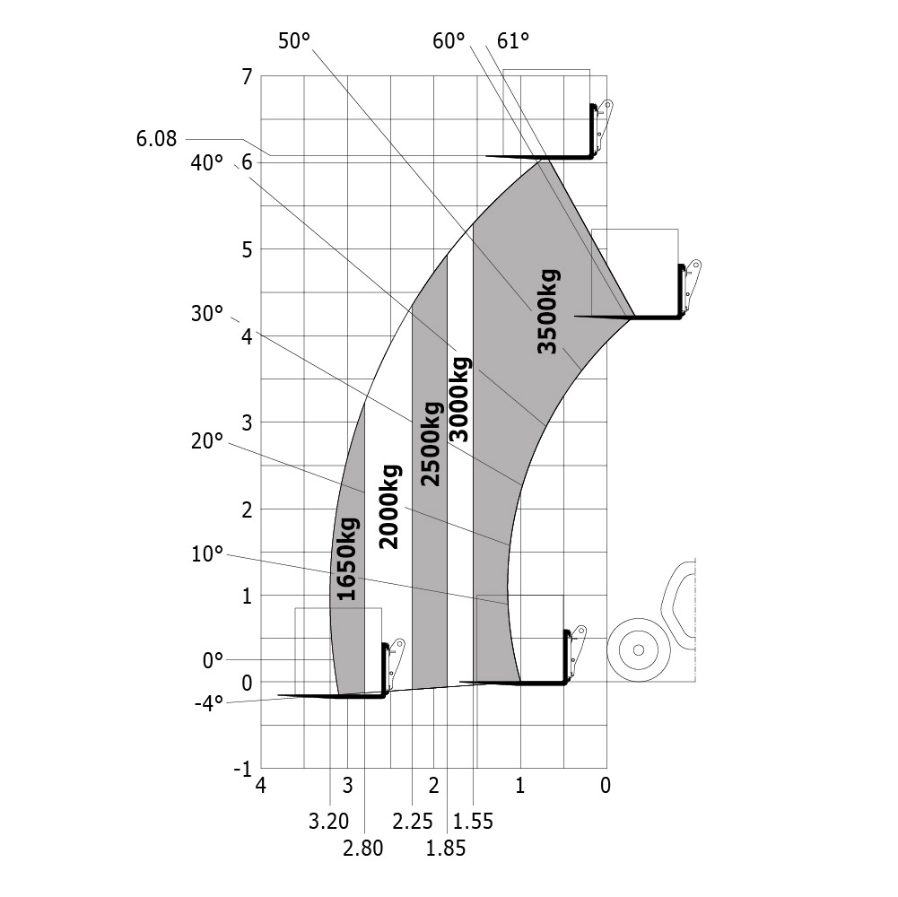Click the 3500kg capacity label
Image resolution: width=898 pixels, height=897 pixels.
(x=548, y=311)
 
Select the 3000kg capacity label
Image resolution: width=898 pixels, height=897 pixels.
(x=459, y=399)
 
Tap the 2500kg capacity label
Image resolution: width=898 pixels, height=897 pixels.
(x=432, y=444)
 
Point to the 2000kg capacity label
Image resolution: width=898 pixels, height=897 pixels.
(x=389, y=507)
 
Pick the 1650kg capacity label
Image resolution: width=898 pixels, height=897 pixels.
(x=348, y=559)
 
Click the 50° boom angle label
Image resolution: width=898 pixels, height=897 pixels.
(x=294, y=41)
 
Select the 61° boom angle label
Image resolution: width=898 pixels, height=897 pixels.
(x=512, y=41)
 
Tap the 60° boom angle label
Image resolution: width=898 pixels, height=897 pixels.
(x=449, y=41)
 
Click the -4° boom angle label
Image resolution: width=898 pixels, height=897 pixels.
(x=209, y=703)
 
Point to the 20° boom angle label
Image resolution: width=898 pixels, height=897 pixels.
(x=206, y=441)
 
